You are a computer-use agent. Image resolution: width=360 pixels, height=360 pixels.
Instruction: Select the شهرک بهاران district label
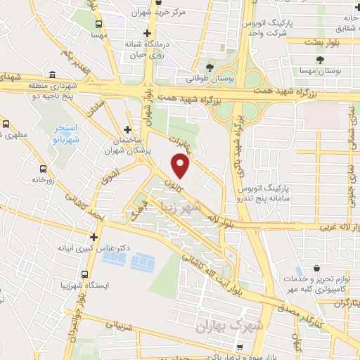click(x=224, y=326)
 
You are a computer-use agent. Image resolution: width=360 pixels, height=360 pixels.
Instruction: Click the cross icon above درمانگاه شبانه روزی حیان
click(x=146, y=33)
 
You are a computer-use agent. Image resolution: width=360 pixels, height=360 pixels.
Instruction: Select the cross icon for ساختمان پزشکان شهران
click(x=127, y=129)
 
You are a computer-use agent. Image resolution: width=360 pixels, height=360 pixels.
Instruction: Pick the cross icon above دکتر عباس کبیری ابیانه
click(x=94, y=237)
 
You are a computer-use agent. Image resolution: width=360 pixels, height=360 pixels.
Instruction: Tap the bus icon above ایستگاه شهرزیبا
click(x=85, y=274)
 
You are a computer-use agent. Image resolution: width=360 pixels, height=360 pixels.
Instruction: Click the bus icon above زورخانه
click(x=44, y=169)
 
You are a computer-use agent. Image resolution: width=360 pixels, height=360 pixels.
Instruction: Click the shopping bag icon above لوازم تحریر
click(x=318, y=269)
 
